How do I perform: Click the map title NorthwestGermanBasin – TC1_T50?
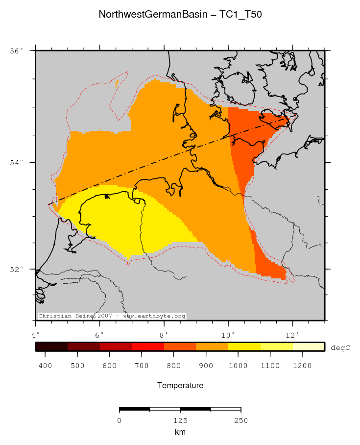click(180, 14)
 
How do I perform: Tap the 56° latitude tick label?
click(17, 50)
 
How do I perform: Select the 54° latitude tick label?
click(17, 163)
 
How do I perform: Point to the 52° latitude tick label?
click(17, 270)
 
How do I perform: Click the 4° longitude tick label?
click(36, 335)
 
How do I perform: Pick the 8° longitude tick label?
click(164, 335)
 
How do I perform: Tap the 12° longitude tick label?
click(292, 335)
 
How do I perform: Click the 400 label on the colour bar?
click(45, 366)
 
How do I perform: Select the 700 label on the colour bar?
click(142, 366)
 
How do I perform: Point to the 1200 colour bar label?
click(302, 366)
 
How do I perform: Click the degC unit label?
click(340, 347)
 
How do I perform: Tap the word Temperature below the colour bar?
click(180, 386)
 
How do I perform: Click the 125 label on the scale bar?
click(180, 420)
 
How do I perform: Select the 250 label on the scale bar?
click(240, 420)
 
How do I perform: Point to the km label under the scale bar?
click(180, 432)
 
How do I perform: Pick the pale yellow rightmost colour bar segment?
click(309, 347)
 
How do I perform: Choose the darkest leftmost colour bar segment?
click(51, 347)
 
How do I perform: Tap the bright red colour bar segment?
click(148, 347)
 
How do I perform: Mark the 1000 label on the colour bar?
click(238, 366)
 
